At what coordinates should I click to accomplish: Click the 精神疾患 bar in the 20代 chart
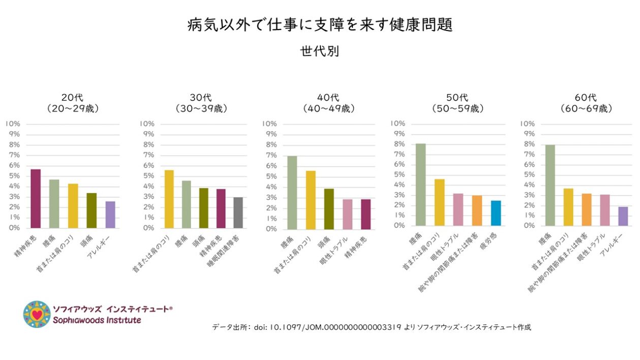point(36,199)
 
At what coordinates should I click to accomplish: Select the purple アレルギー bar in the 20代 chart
point(110,214)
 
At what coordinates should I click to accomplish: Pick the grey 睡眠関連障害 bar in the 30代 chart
point(238,212)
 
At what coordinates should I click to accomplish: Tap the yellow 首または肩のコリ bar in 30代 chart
point(169,199)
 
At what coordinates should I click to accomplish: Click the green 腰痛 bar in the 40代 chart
point(293,192)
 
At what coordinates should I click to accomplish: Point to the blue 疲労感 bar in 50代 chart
point(496,213)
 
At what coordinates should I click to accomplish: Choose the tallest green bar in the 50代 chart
point(421,184)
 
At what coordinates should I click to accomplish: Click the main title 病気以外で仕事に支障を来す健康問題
point(319,25)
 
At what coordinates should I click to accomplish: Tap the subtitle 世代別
point(319,51)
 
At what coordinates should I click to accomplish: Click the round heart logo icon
point(37,314)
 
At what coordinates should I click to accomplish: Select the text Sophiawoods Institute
point(97,320)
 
